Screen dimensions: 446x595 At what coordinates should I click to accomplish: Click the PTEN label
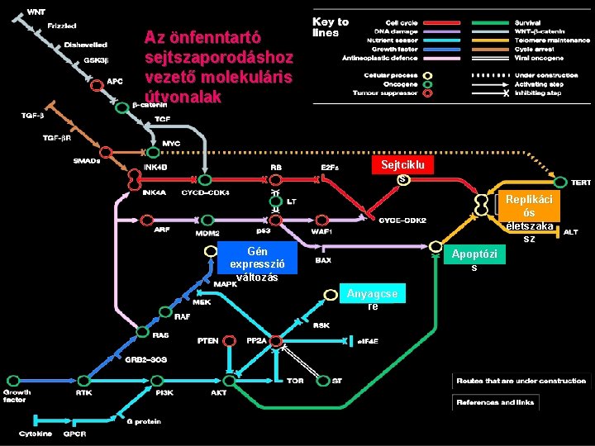[x=207, y=340]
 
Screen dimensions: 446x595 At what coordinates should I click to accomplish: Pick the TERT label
[x=582, y=182]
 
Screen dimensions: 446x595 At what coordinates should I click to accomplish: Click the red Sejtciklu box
[x=402, y=164]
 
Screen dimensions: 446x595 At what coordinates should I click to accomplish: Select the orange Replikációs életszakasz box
[x=530, y=213]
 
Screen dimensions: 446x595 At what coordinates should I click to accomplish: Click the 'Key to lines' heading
[x=330, y=27]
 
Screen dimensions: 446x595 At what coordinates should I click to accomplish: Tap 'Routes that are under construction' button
[x=521, y=381]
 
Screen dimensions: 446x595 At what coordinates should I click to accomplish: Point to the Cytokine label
[x=36, y=434]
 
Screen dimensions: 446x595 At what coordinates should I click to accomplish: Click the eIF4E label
[x=369, y=340]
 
